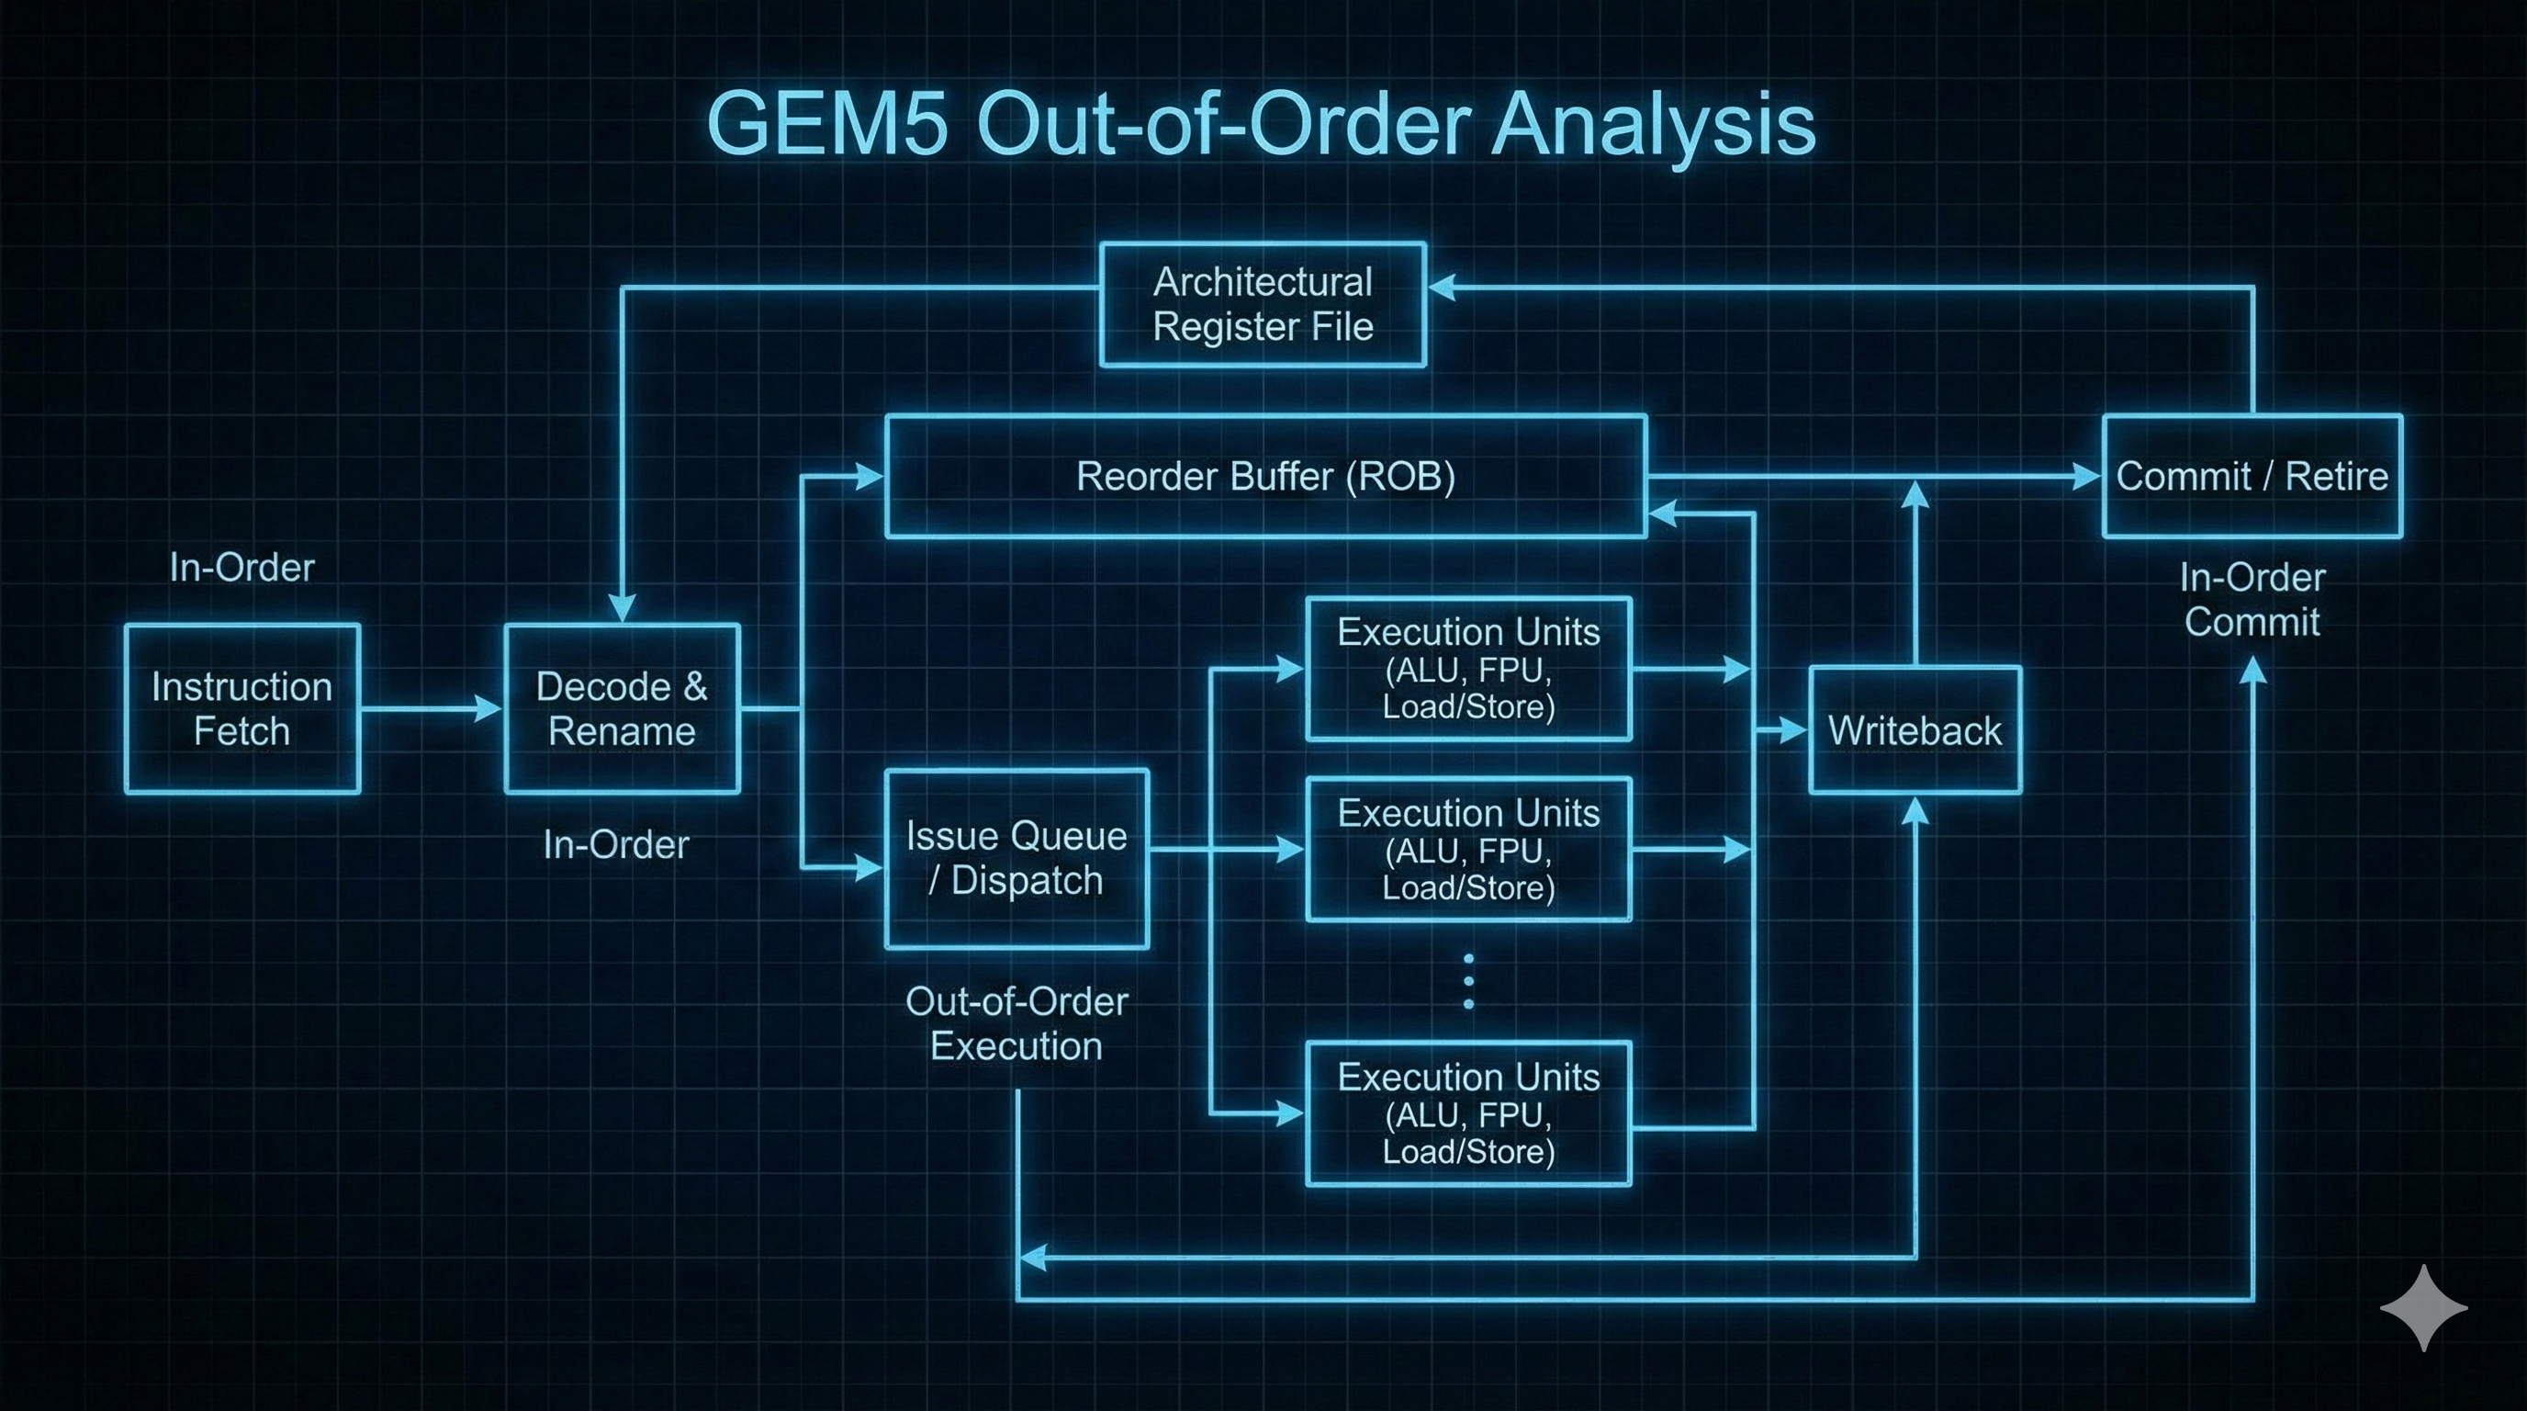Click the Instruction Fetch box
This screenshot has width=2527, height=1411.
(242, 708)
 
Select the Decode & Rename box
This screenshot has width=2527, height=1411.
(622, 708)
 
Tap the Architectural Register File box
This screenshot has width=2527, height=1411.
(1263, 304)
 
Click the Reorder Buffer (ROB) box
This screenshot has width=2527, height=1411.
(1265, 477)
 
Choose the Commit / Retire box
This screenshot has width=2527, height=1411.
(2252, 477)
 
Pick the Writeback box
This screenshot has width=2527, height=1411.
(1915, 730)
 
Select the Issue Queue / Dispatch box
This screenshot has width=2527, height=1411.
(1016, 859)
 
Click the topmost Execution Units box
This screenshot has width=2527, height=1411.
(1468, 668)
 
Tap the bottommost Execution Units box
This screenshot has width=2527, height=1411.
(1468, 1113)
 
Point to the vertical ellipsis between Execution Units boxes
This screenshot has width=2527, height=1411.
(1468, 981)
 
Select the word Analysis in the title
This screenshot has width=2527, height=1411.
(1653, 126)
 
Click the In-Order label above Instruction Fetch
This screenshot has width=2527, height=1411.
(241, 567)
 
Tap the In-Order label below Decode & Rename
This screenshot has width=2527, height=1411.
(616, 845)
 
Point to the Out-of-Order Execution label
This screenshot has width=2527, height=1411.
(1016, 1023)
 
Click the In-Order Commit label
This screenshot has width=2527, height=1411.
(2252, 600)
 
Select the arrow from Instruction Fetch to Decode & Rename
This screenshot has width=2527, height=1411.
(432, 708)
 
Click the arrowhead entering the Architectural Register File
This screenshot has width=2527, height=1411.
(1442, 287)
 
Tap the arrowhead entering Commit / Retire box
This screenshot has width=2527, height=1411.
(2085, 477)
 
